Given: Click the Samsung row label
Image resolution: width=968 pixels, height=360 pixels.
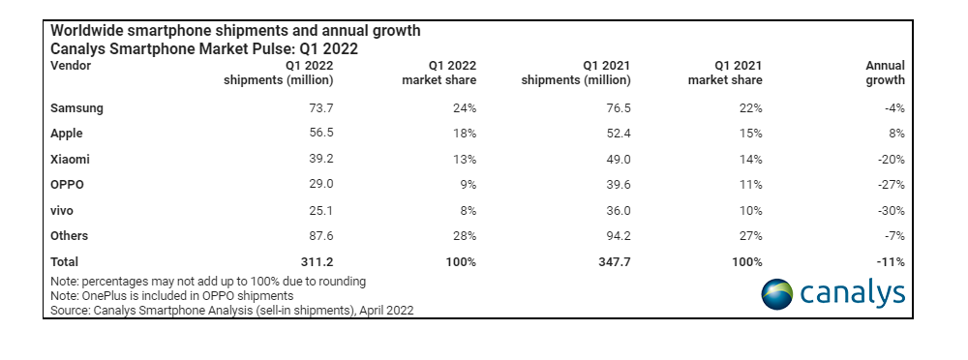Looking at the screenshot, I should tap(76, 107).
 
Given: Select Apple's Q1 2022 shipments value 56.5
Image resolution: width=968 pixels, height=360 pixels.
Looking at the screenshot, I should tap(318, 134).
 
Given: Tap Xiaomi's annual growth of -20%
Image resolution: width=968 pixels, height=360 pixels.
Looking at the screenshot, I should tap(890, 159).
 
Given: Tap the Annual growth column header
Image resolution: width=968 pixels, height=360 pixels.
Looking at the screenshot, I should tap(885, 73).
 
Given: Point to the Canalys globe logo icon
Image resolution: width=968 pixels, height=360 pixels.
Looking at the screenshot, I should tap(776, 293).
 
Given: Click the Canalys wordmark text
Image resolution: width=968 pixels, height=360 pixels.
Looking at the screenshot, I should tap(853, 292).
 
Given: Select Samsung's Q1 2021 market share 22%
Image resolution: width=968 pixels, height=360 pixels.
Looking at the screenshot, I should tap(750, 107).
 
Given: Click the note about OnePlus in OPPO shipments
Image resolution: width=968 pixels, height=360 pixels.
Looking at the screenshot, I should tap(171, 295).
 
